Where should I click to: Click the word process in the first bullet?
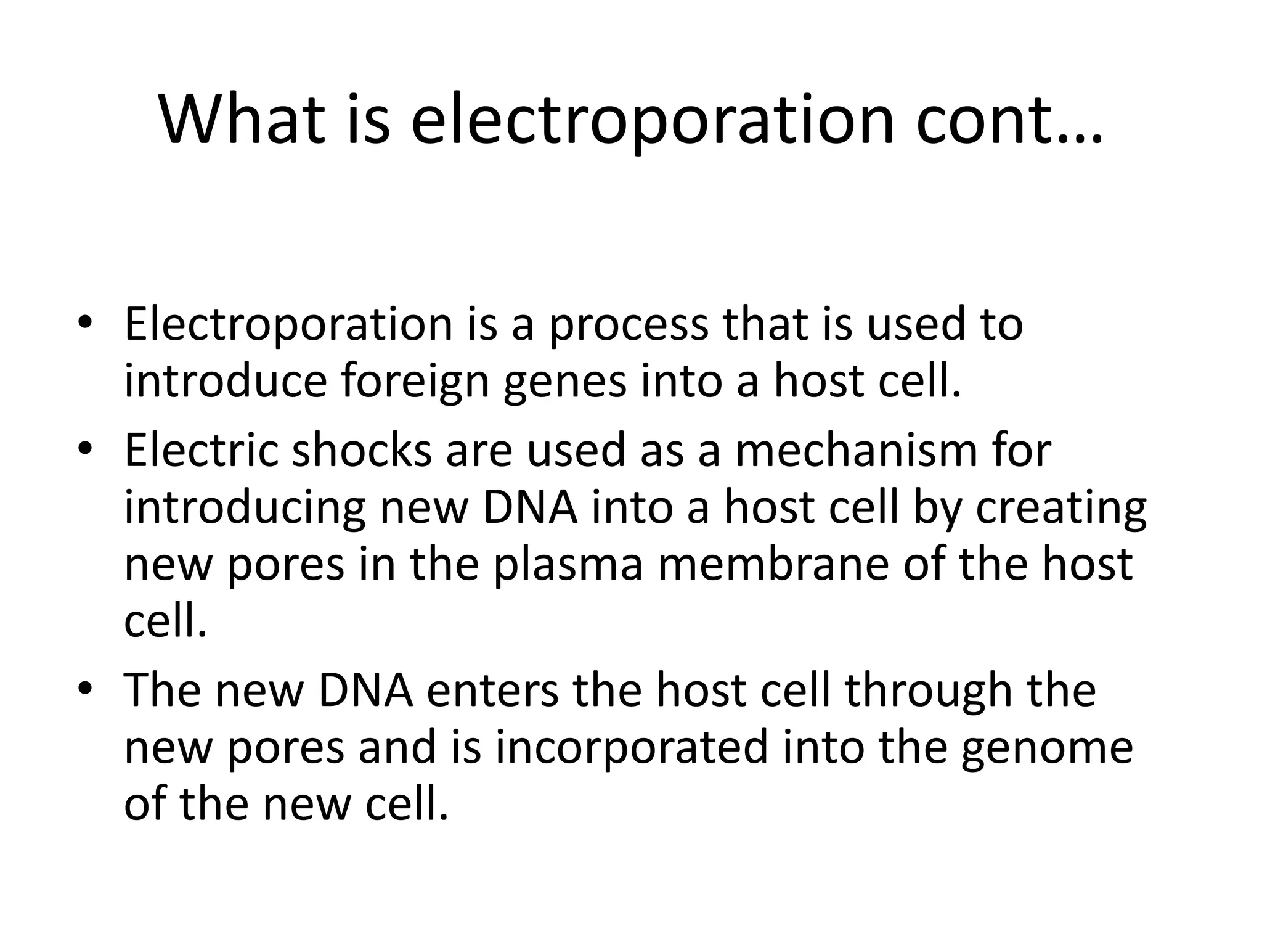point(629,325)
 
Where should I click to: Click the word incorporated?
point(633,747)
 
